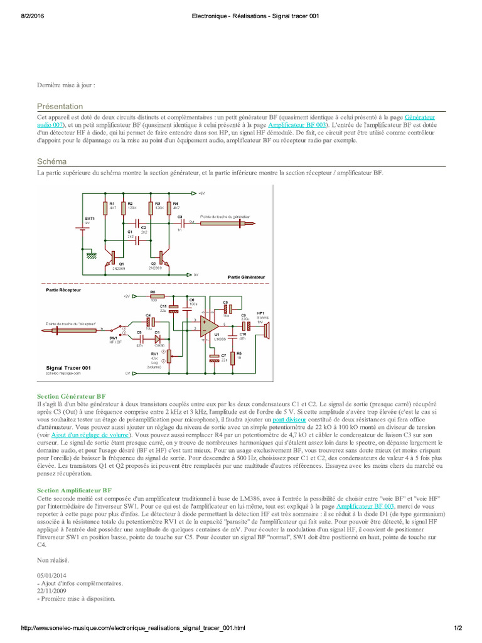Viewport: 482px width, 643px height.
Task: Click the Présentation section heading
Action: [x=60, y=107]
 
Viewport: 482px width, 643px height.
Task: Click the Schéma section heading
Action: [x=52, y=161]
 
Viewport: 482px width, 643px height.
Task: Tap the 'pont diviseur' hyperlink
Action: [x=290, y=419]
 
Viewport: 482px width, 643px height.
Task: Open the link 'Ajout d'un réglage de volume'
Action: [x=90, y=435]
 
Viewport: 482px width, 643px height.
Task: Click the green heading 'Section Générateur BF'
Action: [x=71, y=396]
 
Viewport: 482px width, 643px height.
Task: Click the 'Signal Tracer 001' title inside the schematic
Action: [x=68, y=367]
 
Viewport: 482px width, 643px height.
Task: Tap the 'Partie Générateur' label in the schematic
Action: [x=246, y=276]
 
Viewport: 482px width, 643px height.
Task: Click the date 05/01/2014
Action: [x=51, y=575]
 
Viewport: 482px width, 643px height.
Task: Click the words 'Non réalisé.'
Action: [x=53, y=559]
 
